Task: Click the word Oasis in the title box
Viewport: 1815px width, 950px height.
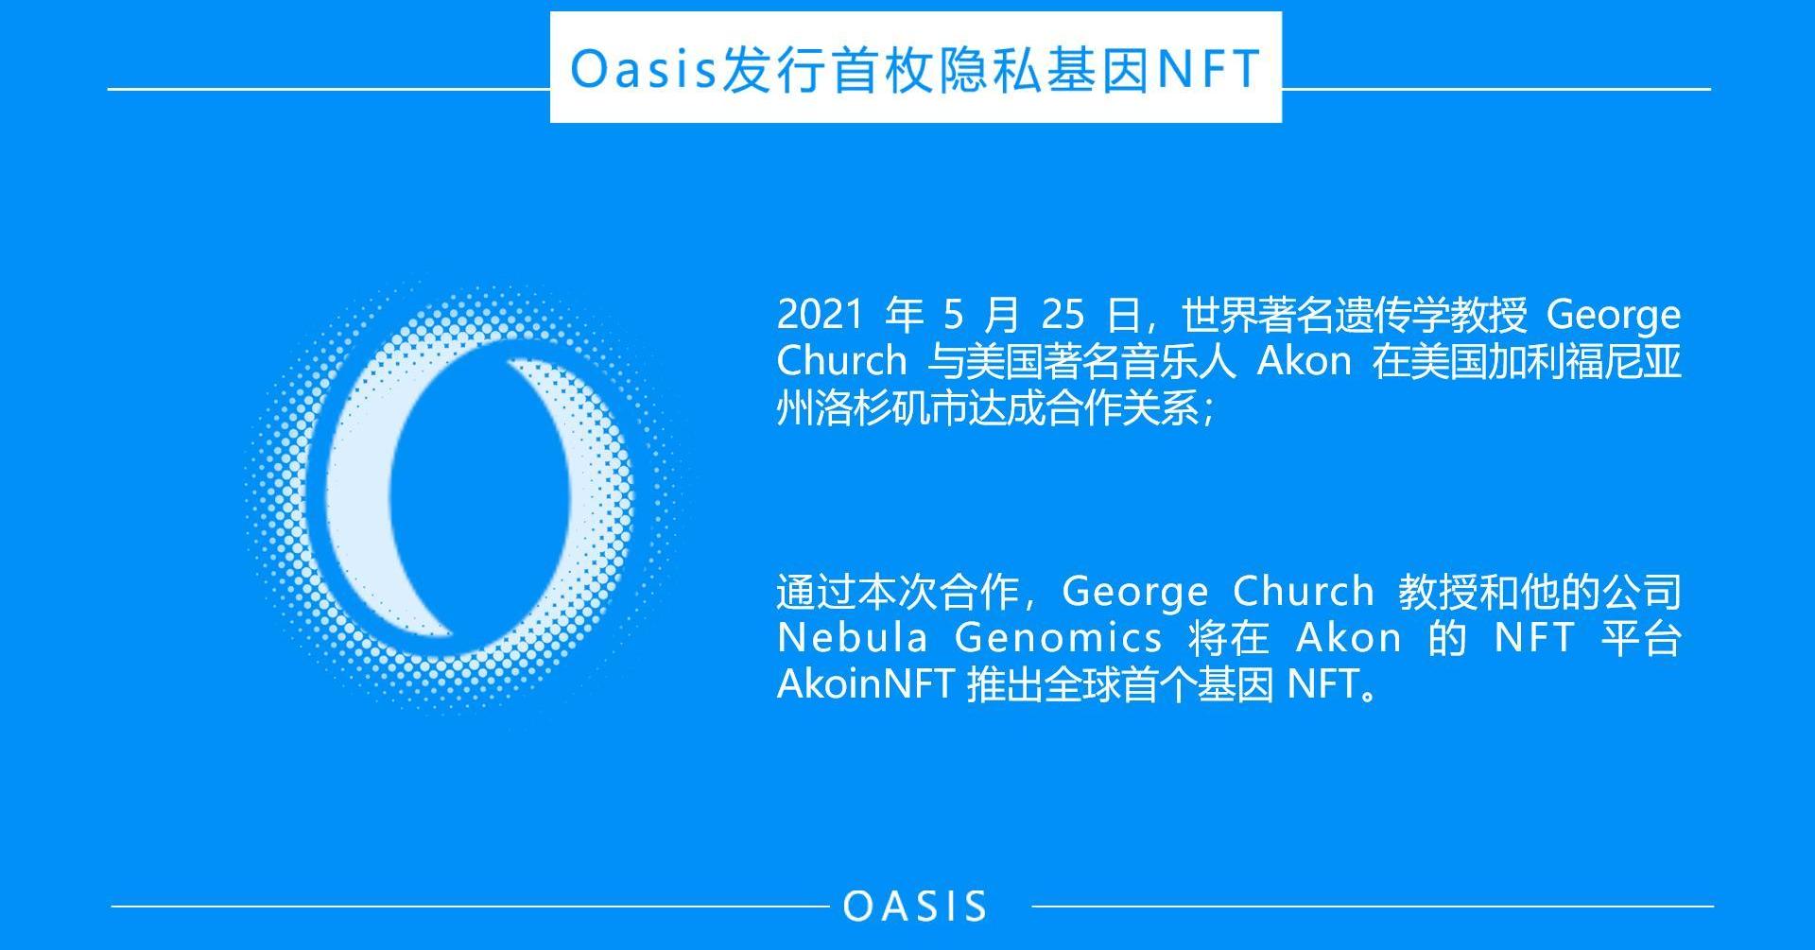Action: point(644,68)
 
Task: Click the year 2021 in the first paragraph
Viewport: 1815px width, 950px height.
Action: point(820,314)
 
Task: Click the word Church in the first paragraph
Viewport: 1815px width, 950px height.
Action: point(841,360)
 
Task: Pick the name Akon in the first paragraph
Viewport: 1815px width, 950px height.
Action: point(1304,360)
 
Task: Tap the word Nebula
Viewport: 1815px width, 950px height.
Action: point(853,637)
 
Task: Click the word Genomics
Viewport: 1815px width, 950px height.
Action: point(1059,639)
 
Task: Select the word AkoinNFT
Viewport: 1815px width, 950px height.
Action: point(864,683)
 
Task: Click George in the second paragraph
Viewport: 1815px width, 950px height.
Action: point(1134,593)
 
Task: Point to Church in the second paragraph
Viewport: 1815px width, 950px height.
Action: point(1304,591)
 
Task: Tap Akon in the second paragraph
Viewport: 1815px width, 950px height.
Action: point(1349,637)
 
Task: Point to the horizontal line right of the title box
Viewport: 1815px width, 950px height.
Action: point(1496,89)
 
